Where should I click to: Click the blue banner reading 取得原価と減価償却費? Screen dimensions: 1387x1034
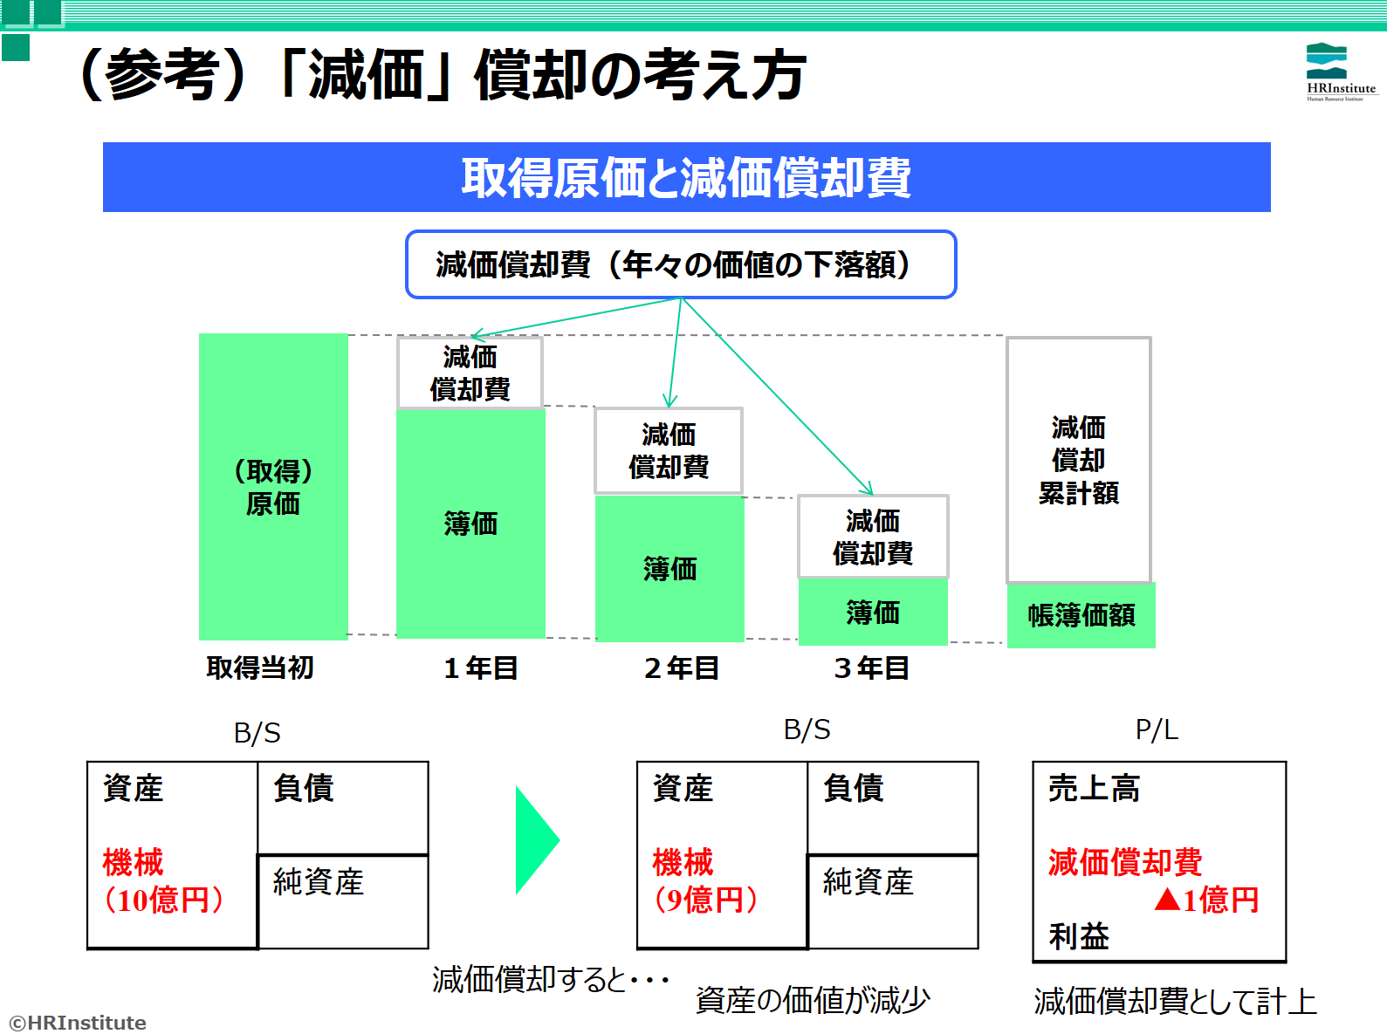(x=686, y=177)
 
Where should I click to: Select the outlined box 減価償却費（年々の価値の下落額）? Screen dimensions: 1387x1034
(x=681, y=264)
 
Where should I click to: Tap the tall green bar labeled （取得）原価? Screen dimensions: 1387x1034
(x=273, y=486)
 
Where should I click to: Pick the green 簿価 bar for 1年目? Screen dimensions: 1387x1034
(x=470, y=524)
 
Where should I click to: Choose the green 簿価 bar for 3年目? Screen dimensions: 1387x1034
(x=873, y=612)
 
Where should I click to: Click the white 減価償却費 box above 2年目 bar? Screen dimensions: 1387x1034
(x=669, y=450)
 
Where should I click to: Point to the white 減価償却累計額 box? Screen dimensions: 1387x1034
(x=1079, y=460)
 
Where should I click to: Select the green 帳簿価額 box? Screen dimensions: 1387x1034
(x=1081, y=615)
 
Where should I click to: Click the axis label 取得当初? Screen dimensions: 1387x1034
(x=260, y=668)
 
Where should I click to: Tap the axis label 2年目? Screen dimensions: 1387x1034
(x=681, y=668)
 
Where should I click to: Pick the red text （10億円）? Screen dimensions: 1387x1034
(x=163, y=900)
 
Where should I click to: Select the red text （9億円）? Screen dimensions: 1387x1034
(x=705, y=900)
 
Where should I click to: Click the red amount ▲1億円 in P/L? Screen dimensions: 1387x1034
(x=1205, y=900)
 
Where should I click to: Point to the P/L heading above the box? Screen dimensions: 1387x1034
(x=1157, y=729)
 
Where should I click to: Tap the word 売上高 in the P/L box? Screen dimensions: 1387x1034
(x=1094, y=788)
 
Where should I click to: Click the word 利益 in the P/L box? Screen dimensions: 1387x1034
(x=1079, y=936)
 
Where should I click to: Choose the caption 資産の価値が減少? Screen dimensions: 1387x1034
(x=813, y=1001)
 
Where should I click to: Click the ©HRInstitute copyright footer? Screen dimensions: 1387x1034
(x=78, y=1022)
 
